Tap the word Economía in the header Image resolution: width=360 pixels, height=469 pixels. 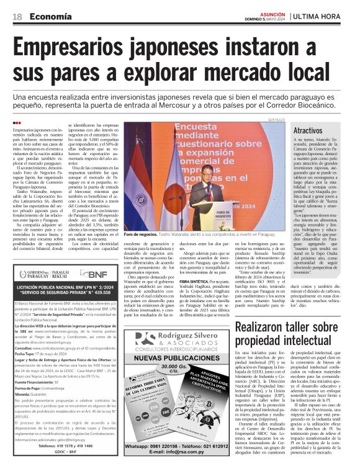click(x=50, y=16)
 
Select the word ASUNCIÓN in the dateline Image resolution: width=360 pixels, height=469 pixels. click(x=272, y=12)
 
